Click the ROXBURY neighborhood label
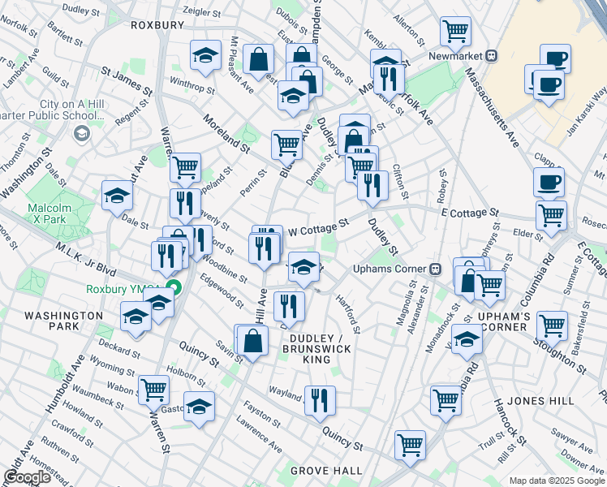[157, 25]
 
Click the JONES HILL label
[540, 401]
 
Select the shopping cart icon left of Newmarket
[456, 32]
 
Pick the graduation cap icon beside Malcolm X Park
[117, 195]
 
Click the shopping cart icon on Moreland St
[286, 144]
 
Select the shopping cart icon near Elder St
[552, 216]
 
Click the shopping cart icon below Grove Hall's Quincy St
[411, 444]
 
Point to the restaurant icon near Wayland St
[321, 399]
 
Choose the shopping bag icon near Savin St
[252, 340]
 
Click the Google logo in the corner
[27, 477]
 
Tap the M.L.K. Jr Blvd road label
[86, 258]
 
